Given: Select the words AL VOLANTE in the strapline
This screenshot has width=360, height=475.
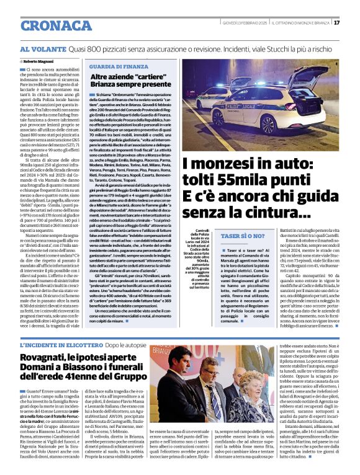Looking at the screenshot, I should click(43, 48).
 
